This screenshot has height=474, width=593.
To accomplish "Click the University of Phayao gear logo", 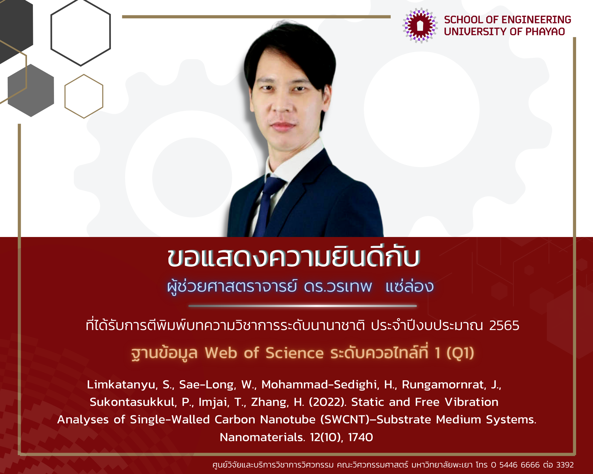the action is (420, 25).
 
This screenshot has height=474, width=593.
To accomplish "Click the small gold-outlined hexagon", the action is (84, 96).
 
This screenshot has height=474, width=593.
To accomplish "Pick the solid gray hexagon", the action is (31, 90).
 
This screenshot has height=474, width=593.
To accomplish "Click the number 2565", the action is (504, 326).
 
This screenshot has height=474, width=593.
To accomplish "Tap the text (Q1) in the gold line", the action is (460, 353).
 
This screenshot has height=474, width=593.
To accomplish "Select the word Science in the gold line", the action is (294, 353).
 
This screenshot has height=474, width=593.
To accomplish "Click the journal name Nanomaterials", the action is (262, 437).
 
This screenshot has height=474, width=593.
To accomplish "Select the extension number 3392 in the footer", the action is (565, 465).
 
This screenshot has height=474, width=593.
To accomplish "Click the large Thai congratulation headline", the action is (294, 257).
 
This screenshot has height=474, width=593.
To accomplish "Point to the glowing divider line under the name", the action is (302, 306).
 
